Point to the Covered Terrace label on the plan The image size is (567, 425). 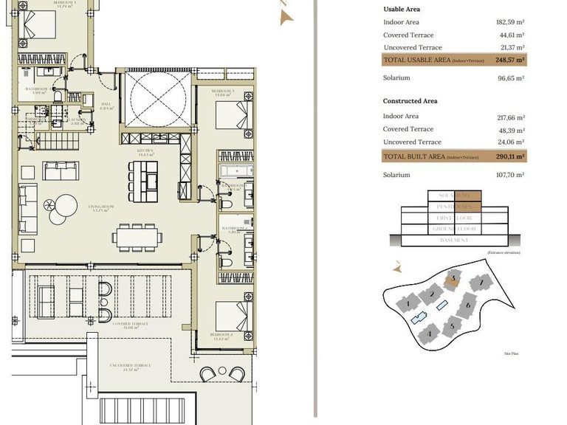tap(131, 324)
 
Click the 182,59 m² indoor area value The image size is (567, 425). tap(509, 22)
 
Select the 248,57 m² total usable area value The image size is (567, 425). tap(509, 60)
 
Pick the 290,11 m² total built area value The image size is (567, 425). tap(509, 156)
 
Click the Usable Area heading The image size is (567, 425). tap(402, 9)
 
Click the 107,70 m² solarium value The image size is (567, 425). tap(509, 175)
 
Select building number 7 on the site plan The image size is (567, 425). tap(481, 282)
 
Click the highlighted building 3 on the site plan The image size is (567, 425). tap(453, 278)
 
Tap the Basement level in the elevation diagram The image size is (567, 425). tap(454, 241)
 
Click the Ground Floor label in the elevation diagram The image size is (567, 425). tap(454, 229)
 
